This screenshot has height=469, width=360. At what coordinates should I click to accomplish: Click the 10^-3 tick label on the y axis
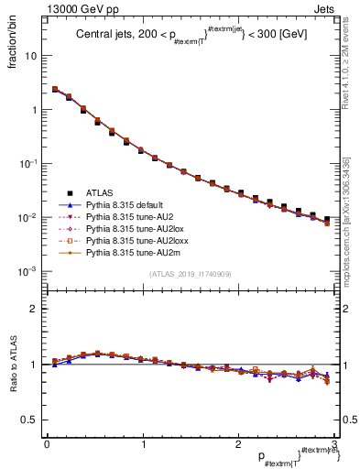(x=27, y=271)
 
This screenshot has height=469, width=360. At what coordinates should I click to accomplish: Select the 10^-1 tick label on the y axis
(x=27, y=163)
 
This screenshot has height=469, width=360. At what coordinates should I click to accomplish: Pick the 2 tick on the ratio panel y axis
(x=32, y=309)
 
